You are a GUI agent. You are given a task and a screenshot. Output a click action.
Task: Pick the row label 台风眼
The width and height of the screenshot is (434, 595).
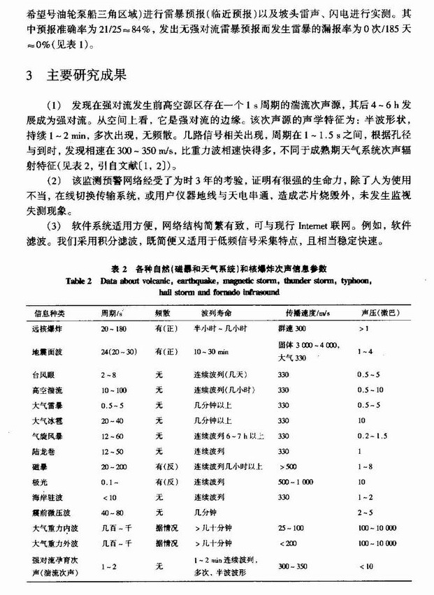(x=44, y=374)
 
